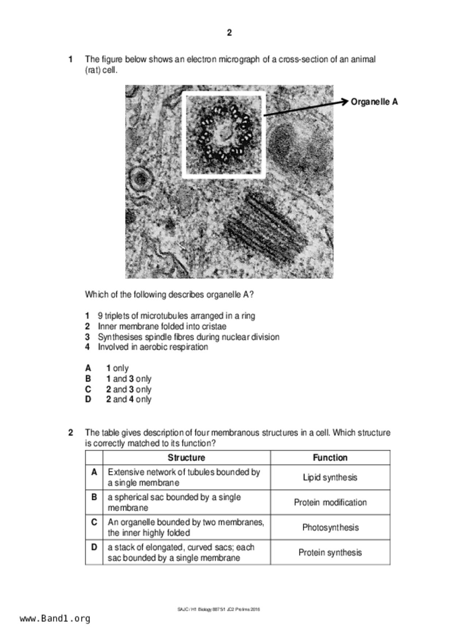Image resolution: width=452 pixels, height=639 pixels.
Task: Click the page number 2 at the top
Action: (x=229, y=33)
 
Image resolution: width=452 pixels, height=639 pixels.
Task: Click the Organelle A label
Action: (x=374, y=102)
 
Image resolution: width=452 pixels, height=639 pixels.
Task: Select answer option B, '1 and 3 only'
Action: (x=128, y=379)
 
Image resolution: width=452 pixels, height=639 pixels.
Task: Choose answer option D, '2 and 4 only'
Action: (x=128, y=400)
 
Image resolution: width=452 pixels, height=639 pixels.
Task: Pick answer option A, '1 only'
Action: (x=117, y=368)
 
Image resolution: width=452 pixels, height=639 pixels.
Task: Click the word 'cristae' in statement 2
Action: (x=214, y=326)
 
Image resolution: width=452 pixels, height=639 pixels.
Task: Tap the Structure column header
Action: (x=186, y=458)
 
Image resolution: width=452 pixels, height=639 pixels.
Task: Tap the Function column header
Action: (x=330, y=458)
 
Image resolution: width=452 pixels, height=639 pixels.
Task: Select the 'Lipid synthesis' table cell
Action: (x=330, y=478)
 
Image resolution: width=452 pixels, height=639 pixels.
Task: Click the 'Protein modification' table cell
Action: (x=330, y=503)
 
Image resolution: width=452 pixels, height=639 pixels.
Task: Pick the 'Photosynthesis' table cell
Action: (x=330, y=528)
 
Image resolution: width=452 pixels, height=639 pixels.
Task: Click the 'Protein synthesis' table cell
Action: (x=330, y=553)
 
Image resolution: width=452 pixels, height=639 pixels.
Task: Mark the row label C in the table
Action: (x=94, y=522)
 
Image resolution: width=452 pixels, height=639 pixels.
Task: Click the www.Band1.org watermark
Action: (x=55, y=619)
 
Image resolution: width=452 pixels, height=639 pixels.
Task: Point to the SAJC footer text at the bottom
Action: (x=219, y=609)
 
